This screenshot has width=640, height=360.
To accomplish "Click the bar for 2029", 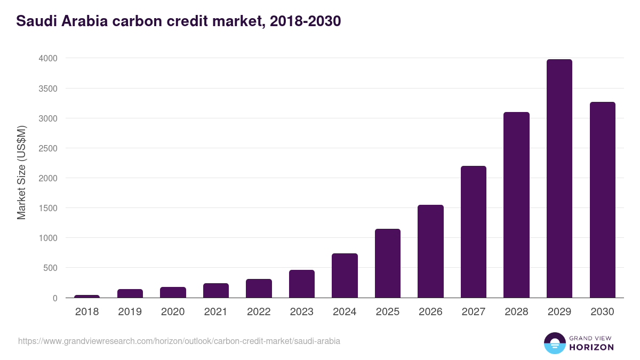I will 559,179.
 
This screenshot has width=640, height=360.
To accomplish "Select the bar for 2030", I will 602,200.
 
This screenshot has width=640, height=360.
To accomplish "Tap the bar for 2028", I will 516,205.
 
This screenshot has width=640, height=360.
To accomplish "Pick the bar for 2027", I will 473,232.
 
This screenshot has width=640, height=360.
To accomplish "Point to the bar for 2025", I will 387,263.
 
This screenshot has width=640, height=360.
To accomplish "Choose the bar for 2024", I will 345,276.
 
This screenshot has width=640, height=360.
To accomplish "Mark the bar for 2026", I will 430,251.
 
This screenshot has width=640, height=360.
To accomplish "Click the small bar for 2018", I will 87,296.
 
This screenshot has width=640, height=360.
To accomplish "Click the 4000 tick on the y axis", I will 47,58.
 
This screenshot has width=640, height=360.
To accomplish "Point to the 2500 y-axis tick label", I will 47,148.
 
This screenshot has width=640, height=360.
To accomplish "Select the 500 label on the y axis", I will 50,268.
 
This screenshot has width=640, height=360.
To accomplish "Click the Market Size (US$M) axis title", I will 21,173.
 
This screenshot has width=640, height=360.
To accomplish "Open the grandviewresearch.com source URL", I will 179,341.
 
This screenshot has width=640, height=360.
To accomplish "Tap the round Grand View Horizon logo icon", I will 555,343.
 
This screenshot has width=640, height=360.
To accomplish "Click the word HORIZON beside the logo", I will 591,347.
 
